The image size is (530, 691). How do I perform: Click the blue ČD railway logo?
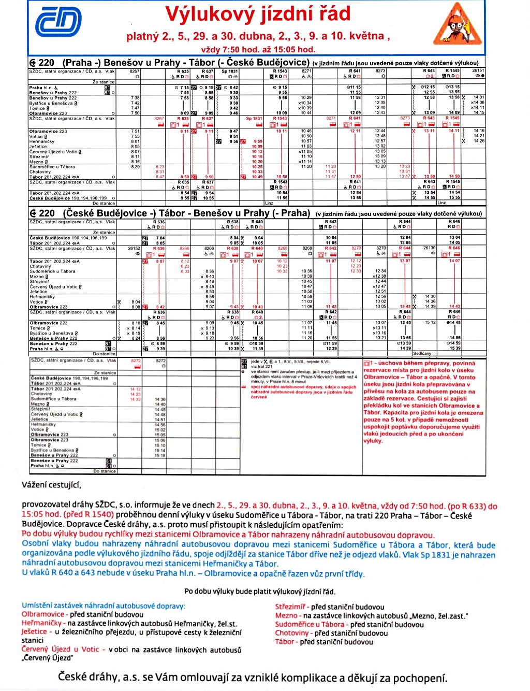click(58, 23)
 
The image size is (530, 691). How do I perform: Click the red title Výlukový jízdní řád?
click(258, 14)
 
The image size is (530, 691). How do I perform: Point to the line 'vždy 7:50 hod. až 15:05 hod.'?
click(258, 50)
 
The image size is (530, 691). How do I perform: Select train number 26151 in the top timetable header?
click(478, 71)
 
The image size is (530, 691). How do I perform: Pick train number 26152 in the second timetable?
click(135, 249)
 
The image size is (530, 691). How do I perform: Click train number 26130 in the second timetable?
click(430, 248)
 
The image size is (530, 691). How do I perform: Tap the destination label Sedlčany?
click(422, 354)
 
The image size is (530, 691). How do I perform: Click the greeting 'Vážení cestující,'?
click(51, 485)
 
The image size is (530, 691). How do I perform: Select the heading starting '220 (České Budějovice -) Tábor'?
click(171, 213)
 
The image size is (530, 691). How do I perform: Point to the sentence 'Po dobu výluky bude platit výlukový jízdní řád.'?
click(260, 592)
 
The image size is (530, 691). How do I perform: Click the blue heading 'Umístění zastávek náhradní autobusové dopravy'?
click(103, 606)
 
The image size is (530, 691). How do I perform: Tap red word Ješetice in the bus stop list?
click(34, 631)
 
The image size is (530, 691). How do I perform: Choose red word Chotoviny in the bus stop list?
click(291, 633)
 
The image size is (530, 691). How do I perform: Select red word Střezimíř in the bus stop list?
click(290, 607)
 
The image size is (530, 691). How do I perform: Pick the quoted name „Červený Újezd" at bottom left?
click(47, 658)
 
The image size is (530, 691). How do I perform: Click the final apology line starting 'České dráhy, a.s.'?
click(253, 678)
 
